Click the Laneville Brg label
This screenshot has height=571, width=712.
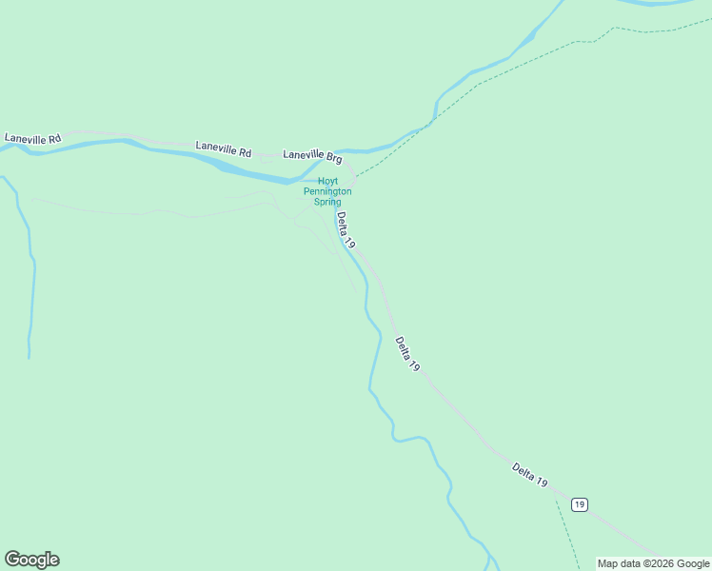[x=312, y=155]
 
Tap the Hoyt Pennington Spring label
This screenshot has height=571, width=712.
[x=327, y=191]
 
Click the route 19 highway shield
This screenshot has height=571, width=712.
[x=580, y=503]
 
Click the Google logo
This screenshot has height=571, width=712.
[x=31, y=560]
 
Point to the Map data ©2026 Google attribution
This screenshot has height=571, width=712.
[x=653, y=563]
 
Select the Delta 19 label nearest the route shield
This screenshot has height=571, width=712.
[x=529, y=475]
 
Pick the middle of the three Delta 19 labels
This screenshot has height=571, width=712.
[x=407, y=354]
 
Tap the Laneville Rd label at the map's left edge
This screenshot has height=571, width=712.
[x=32, y=138]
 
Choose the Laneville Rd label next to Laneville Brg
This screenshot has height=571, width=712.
[x=224, y=149]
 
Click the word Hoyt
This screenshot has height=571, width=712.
[x=327, y=181]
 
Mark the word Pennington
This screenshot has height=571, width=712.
[x=327, y=191]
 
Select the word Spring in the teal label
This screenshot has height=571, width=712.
[x=327, y=202]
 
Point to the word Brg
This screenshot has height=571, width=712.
[x=332, y=157]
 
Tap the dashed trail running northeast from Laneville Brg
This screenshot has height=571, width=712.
[x=476, y=86]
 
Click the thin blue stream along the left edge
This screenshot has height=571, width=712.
[x=32, y=285]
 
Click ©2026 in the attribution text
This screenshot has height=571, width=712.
[x=653, y=563]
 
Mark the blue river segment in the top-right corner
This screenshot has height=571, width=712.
[x=657, y=3]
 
